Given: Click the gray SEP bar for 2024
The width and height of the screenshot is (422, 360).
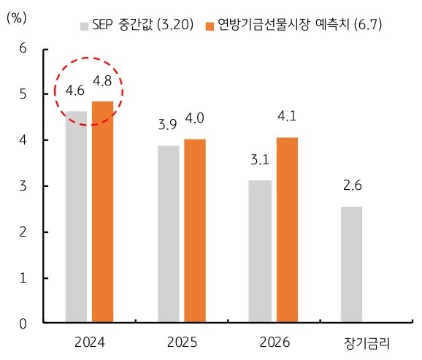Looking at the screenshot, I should point(77,217).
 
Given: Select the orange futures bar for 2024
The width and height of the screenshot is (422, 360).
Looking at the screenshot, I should point(102,212).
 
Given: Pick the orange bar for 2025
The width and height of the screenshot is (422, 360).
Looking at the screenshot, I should point(195,231).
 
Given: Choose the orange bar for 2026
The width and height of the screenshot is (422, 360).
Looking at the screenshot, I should point(286,230).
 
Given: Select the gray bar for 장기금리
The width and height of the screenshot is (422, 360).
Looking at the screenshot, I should point(351,264).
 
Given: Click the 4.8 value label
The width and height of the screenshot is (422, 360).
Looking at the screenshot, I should point(102,80).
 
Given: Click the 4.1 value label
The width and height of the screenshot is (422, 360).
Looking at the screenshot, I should point(286,115).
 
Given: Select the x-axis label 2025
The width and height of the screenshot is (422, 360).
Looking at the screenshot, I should point(182,342).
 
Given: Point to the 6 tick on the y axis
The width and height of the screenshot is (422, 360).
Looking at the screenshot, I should point(23,48).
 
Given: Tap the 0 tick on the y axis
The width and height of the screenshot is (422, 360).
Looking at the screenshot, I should point(23,323).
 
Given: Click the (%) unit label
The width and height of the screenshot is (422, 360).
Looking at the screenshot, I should point(17,16).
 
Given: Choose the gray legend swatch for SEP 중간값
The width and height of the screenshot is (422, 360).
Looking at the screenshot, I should point(84,26).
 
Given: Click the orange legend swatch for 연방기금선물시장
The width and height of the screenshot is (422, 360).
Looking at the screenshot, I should point(209,26).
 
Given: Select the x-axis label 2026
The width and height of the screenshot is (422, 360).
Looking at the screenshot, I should point(273,342).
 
